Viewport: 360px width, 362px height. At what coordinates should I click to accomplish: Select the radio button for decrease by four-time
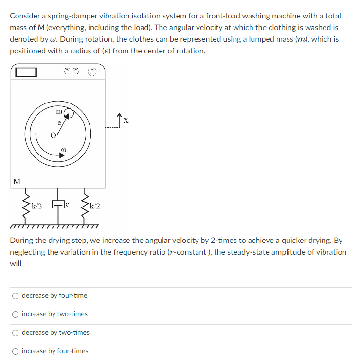(x=16, y=295)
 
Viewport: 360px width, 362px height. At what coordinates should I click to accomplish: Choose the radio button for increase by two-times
(x=16, y=314)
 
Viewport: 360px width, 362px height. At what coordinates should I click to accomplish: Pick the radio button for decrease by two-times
(x=16, y=332)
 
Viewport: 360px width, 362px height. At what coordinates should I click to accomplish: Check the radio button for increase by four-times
(x=16, y=351)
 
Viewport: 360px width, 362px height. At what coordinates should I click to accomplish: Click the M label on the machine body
(x=17, y=182)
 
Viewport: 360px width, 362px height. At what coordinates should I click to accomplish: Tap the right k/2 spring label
(x=94, y=206)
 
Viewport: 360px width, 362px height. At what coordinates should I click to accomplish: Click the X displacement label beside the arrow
(x=126, y=120)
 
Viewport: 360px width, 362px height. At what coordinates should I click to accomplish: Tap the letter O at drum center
(x=52, y=134)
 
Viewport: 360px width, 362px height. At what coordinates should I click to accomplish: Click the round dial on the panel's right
(x=93, y=72)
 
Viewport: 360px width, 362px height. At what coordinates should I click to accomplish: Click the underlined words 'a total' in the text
(x=330, y=16)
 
